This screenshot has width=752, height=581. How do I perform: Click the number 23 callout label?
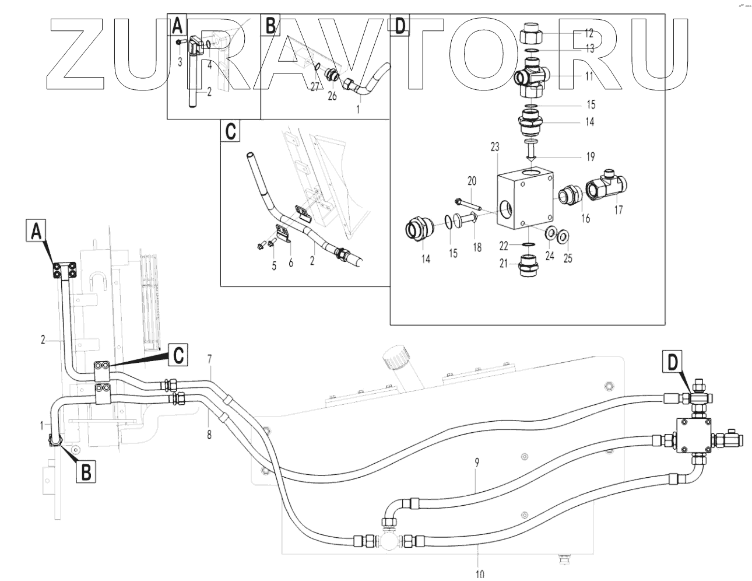click(495, 148)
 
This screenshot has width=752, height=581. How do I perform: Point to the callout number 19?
click(591, 157)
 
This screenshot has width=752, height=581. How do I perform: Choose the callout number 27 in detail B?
click(315, 87)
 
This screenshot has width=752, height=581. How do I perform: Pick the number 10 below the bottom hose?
click(479, 574)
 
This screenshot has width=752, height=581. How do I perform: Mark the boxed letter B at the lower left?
click(86, 471)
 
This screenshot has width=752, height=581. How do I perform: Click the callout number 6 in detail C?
click(291, 262)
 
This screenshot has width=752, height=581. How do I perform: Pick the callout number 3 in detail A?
click(180, 61)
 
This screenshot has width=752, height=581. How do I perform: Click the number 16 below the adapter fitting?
click(585, 218)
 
